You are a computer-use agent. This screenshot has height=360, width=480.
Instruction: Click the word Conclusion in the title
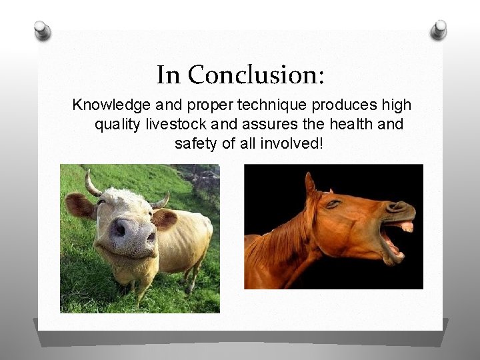[x=256, y=75]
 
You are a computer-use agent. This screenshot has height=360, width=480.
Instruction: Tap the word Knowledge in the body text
[x=109, y=105]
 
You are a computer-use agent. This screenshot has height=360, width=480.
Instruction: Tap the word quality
[x=119, y=124]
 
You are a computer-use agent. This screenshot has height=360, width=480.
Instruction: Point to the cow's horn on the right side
[x=161, y=200]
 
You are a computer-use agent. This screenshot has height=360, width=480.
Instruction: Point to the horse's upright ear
[x=310, y=183]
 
